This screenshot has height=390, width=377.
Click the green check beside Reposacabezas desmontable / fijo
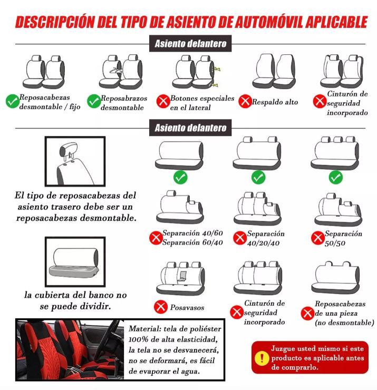[13, 101]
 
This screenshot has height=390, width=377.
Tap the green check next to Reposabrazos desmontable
[94, 101]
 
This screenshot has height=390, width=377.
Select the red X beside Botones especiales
[162, 102]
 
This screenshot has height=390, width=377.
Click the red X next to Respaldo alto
[245, 101]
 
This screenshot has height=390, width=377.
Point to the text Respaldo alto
[275, 102]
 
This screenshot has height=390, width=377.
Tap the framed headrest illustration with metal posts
[74, 160]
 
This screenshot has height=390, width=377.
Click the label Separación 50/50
[343, 238]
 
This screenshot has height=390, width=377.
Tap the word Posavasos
[187, 307]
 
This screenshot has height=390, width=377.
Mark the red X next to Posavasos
[160, 307]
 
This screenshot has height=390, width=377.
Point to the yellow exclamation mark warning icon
[261, 358]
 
